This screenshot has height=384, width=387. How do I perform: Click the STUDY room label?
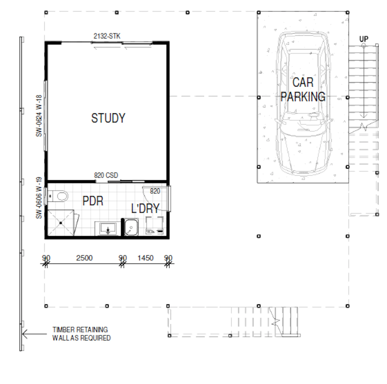(x=108, y=118)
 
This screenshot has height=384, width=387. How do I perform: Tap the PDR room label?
(x=93, y=201)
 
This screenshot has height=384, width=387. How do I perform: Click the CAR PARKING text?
(x=303, y=89)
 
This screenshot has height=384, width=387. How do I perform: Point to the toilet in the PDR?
(x=58, y=196)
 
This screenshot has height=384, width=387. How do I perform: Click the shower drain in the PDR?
(x=61, y=223)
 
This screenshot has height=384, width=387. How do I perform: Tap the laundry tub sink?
(x=131, y=227)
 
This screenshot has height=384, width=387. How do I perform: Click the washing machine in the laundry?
(x=154, y=225)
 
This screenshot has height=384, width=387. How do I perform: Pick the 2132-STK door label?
(x=107, y=36)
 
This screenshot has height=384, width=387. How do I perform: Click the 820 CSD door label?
(x=106, y=175)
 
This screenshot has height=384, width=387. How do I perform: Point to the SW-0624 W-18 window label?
(x=39, y=116)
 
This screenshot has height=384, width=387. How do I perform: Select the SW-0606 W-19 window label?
(x=39, y=198)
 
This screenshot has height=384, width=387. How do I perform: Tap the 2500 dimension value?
(x=84, y=258)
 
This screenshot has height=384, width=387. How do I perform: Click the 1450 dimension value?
(x=145, y=258)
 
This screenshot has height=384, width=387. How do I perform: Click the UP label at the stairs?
(x=364, y=39)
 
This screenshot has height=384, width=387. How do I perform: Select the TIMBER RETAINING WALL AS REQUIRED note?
(x=82, y=334)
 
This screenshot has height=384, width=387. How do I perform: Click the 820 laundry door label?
(x=155, y=191)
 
